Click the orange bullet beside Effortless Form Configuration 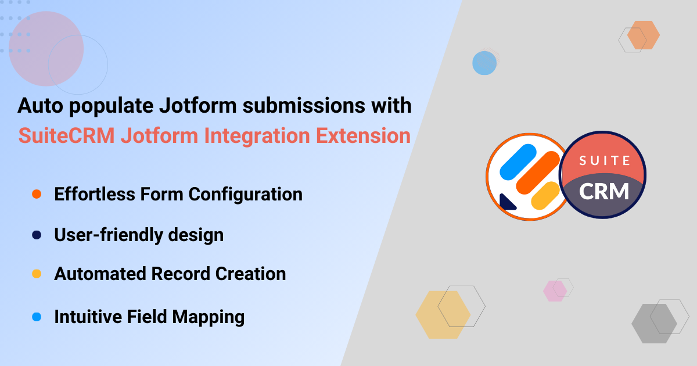pyautogui.click(x=36, y=194)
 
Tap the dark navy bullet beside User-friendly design pyautogui.click(x=36, y=235)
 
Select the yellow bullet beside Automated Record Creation pyautogui.click(x=36, y=274)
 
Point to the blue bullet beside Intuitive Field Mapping pyautogui.click(x=36, y=317)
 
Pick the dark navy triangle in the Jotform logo pyautogui.click(x=506, y=201)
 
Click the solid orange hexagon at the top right pyautogui.click(x=643, y=35)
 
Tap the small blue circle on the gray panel pyautogui.click(x=484, y=63)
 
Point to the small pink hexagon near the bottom pyautogui.click(x=554, y=290)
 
